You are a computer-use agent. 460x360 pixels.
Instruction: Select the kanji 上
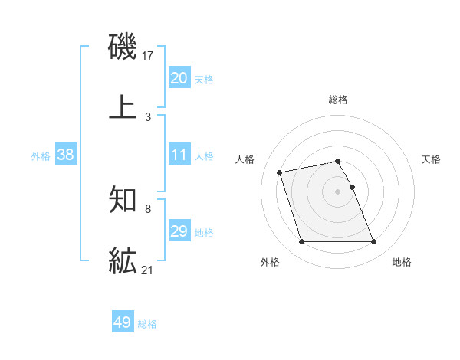coord(123,106)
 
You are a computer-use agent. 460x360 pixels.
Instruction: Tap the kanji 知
coord(123,201)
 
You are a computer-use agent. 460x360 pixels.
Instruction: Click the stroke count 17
coord(149,56)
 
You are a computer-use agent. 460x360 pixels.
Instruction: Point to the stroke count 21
coord(149,269)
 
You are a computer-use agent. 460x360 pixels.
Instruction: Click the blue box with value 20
coord(179,78)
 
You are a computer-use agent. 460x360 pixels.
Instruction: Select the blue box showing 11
coord(179,155)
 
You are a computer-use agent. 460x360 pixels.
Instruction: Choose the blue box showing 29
coord(179,231)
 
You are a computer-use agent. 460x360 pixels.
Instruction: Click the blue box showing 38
coord(66,155)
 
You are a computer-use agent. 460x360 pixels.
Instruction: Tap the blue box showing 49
coord(123,322)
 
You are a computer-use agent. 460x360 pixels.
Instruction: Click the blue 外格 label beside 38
coord(41,155)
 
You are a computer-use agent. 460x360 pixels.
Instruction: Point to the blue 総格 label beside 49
coord(147,323)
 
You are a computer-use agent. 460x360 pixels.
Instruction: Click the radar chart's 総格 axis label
coord(338,100)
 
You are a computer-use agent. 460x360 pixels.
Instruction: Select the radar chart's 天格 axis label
coord(432,159)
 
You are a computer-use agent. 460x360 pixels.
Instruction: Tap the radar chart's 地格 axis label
coord(402,262)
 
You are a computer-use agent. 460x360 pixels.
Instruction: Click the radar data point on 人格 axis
coord(280,172)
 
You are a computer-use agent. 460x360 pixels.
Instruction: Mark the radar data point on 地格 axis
coord(373,242)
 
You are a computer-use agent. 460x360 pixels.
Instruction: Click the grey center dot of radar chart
coord(338,191)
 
